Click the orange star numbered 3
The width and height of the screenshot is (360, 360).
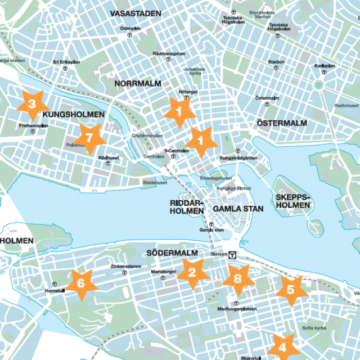(31, 104)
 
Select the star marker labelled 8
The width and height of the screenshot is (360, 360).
(237, 280)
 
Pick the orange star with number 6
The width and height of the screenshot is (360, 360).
(80, 283)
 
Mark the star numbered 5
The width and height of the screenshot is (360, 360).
(291, 290)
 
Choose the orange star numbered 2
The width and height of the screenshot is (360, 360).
(192, 273)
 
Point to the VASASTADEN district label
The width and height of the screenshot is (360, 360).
(135, 13)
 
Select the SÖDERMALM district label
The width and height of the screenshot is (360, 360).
(169, 253)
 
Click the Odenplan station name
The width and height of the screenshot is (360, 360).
(130, 28)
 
